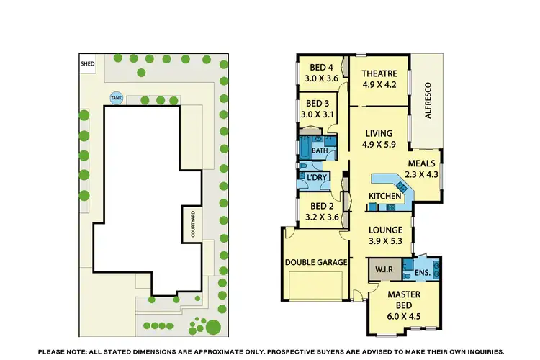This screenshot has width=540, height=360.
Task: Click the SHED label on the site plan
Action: [x=87, y=63]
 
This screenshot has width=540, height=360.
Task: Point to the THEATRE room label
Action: [x=378, y=73]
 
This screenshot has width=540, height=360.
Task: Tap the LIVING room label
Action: [x=378, y=133]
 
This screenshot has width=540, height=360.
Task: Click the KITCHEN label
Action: [x=384, y=196]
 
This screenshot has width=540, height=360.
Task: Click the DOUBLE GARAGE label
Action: [x=316, y=263]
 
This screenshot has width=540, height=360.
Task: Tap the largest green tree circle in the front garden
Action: [x=212, y=328]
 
